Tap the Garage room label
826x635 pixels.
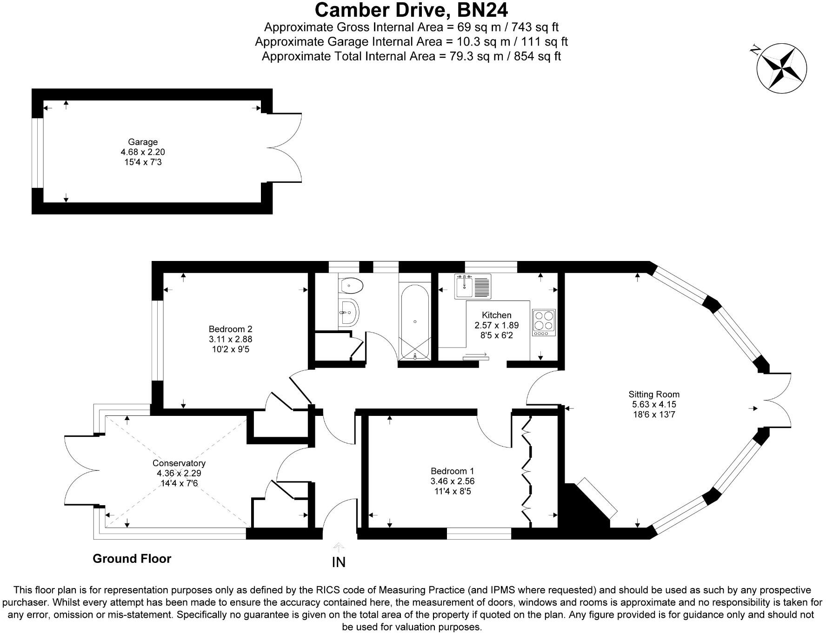click(143, 142)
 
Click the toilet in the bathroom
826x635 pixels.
click(352, 285)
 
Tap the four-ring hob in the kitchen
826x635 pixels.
click(544, 322)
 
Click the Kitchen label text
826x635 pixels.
click(496, 315)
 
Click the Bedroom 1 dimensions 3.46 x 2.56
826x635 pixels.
click(452, 481)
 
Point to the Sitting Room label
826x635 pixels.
click(653, 394)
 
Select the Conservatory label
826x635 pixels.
click(179, 463)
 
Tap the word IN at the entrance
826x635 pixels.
click(338, 562)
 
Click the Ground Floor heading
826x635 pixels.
click(132, 558)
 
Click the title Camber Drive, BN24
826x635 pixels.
click(411, 9)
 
